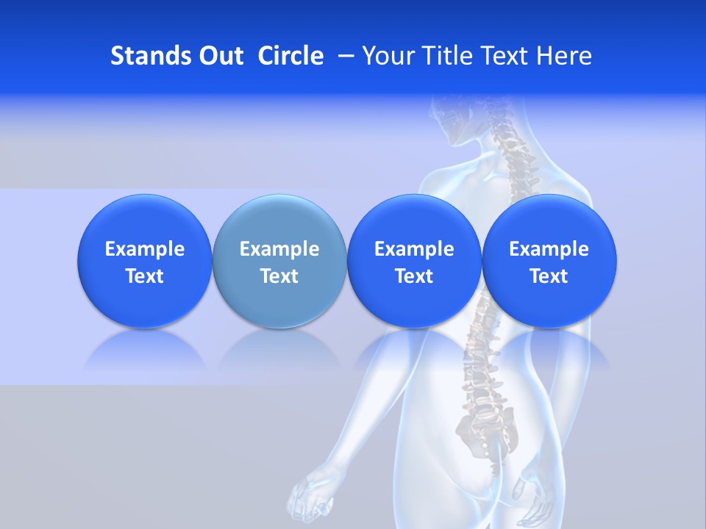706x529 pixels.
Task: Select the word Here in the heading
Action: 564,56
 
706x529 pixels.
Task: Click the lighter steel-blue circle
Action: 279,261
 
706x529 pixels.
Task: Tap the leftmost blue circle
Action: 144,261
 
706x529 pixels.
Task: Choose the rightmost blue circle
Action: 549,261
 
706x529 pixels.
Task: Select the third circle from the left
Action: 414,261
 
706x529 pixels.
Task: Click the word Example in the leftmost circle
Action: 144,249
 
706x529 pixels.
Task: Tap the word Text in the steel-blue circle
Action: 279,276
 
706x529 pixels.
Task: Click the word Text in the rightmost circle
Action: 549,276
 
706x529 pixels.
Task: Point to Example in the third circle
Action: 414,249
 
